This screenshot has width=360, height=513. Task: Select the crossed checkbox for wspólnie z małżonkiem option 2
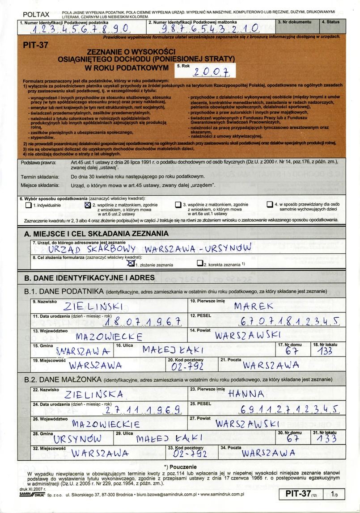coord(88,205)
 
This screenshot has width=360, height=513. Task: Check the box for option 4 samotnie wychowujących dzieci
coord(269,205)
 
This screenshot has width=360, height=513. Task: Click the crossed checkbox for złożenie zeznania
coord(131,264)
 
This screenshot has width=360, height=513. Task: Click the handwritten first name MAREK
coord(253,306)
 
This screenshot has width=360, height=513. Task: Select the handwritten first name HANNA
coord(246,394)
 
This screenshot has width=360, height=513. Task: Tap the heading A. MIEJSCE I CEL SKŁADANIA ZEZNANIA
coord(94,234)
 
